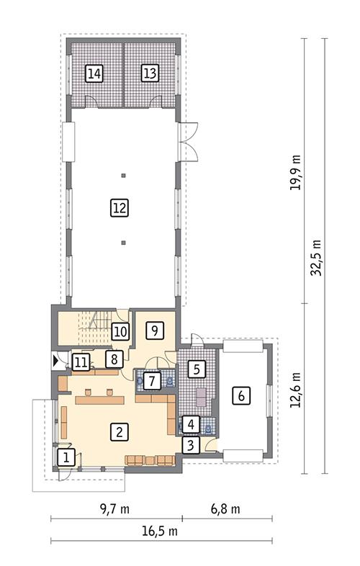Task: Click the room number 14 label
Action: [x=94, y=73]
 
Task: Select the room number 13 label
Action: [x=150, y=73]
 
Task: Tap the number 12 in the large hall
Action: [x=120, y=208]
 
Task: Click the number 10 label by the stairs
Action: [x=120, y=332]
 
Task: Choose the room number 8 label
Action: [x=112, y=358]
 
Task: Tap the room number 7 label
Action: [x=150, y=379]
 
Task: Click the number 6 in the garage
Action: [x=242, y=395]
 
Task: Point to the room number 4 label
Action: [x=190, y=424]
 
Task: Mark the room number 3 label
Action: [x=190, y=445]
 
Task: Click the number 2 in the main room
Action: [x=120, y=432]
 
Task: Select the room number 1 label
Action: [x=66, y=457]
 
